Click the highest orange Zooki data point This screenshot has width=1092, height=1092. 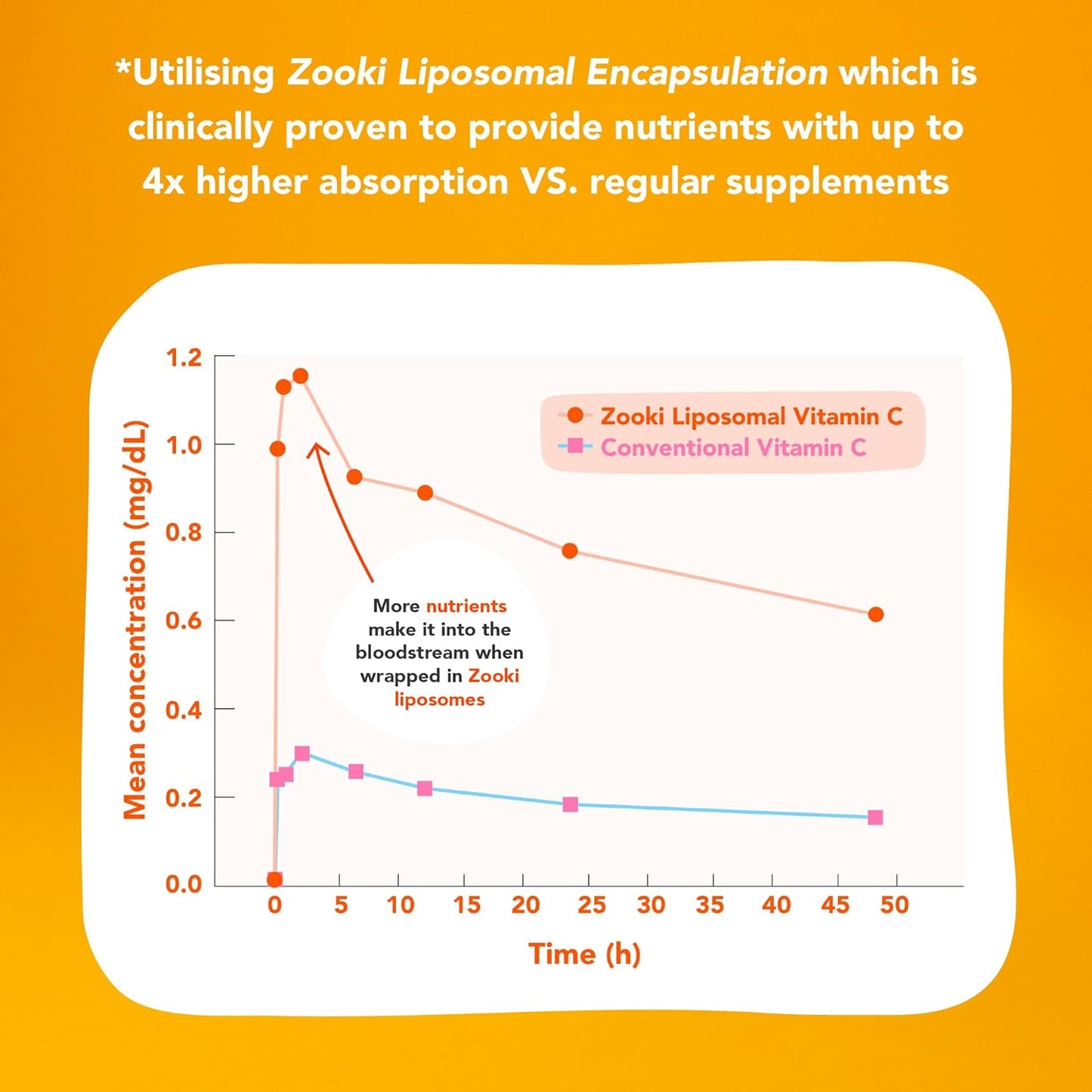[x=300, y=376]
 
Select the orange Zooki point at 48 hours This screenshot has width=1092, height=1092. [x=876, y=614]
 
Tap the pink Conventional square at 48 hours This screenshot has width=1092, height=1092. [x=875, y=817]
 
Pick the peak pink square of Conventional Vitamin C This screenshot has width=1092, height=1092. [x=302, y=753]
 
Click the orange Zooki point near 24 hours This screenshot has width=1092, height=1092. [x=570, y=551]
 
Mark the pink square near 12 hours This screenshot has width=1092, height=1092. [x=425, y=788]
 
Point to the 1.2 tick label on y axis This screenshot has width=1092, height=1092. [x=184, y=357]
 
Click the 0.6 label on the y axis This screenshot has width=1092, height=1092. [x=184, y=620]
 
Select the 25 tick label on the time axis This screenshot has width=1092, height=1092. [x=591, y=905]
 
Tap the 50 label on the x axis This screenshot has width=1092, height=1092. [x=894, y=905]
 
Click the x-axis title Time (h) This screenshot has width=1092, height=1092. [x=584, y=954]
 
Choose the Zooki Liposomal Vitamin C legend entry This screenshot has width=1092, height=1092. [x=750, y=416]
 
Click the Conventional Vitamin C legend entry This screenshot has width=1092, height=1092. [x=732, y=447]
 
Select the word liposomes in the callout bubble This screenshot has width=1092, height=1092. [x=439, y=699]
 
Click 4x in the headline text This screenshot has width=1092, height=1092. [x=163, y=181]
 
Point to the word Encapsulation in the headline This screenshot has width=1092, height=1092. [x=707, y=73]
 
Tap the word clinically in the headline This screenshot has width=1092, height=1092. [x=200, y=128]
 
